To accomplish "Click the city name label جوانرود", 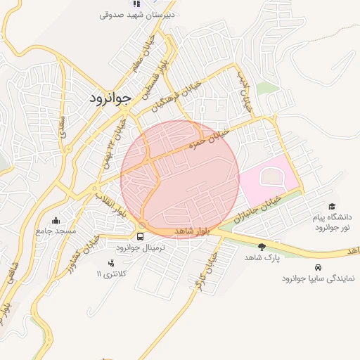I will point(110,98).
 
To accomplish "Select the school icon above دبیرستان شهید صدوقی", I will point(136,4).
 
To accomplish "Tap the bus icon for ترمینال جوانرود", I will point(141,237).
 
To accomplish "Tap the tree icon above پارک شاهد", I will point(262,247).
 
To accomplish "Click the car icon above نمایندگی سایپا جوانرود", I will point(319,267).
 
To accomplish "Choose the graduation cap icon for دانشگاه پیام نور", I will point(332,205).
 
